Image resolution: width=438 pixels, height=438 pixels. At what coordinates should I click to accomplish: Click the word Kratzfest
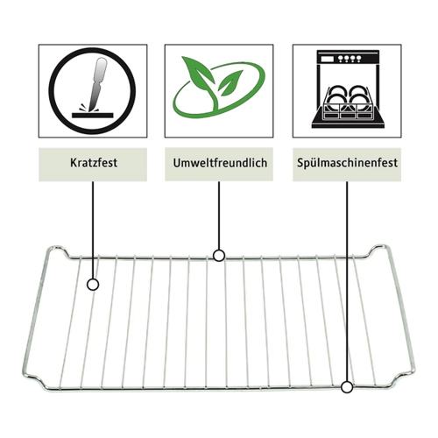(94, 163)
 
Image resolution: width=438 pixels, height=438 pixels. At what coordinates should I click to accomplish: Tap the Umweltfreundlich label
(220, 163)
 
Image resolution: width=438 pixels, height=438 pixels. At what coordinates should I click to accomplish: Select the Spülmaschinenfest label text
(347, 163)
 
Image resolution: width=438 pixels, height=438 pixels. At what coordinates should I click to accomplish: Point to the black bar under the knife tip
(92, 116)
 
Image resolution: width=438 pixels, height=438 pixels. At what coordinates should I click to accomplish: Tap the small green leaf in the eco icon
(230, 82)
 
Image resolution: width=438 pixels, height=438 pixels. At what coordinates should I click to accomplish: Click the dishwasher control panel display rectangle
(327, 59)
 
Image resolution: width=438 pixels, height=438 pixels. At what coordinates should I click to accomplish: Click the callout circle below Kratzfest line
(93, 285)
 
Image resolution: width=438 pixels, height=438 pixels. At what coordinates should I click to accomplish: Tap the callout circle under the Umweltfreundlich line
(219, 256)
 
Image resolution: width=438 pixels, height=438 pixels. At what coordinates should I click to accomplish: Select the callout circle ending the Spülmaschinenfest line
(347, 387)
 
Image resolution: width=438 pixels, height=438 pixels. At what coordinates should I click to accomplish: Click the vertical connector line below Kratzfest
(93, 230)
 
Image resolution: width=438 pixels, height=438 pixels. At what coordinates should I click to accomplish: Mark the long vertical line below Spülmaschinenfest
(347, 281)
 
